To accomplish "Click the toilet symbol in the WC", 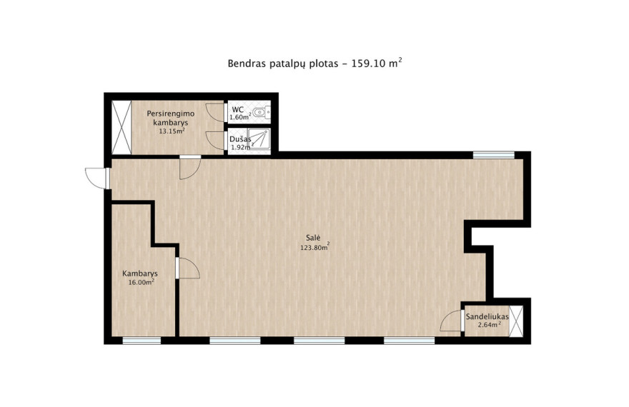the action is (262, 112).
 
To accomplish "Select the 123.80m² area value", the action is (315, 247).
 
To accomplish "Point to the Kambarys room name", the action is (140, 274).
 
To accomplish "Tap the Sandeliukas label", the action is (487, 316).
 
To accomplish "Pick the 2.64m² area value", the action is (490, 324).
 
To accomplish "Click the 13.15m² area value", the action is (172, 131).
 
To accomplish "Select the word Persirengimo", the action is (171, 114).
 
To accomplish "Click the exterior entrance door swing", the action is (96, 178).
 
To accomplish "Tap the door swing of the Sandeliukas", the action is (450, 321).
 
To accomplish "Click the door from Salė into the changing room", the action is (190, 169).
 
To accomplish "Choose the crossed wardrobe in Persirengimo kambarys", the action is (122, 127).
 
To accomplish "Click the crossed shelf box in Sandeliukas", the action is (516, 321).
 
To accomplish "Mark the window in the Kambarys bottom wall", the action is (142, 341).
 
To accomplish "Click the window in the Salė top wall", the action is (493, 155).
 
